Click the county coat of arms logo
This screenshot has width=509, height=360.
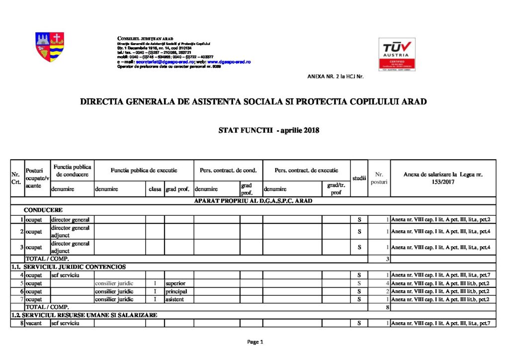click(x=50, y=47)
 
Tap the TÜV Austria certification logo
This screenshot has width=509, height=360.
click(x=397, y=54)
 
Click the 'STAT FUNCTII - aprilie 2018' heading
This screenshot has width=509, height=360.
click(x=268, y=131)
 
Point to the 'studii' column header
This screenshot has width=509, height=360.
click(x=359, y=178)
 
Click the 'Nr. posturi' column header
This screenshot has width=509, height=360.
click(x=379, y=178)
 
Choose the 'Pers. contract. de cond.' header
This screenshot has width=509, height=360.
click(x=228, y=170)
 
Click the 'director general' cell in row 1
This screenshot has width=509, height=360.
click(x=70, y=219)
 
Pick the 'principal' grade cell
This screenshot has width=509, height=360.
click(x=176, y=291)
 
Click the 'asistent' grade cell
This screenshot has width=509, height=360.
click(x=175, y=299)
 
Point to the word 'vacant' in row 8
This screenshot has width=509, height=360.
click(x=35, y=323)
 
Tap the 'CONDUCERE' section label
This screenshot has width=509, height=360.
click(x=43, y=210)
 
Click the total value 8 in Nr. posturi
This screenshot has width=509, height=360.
click(x=387, y=307)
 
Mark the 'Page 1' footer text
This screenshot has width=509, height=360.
click(x=254, y=342)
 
